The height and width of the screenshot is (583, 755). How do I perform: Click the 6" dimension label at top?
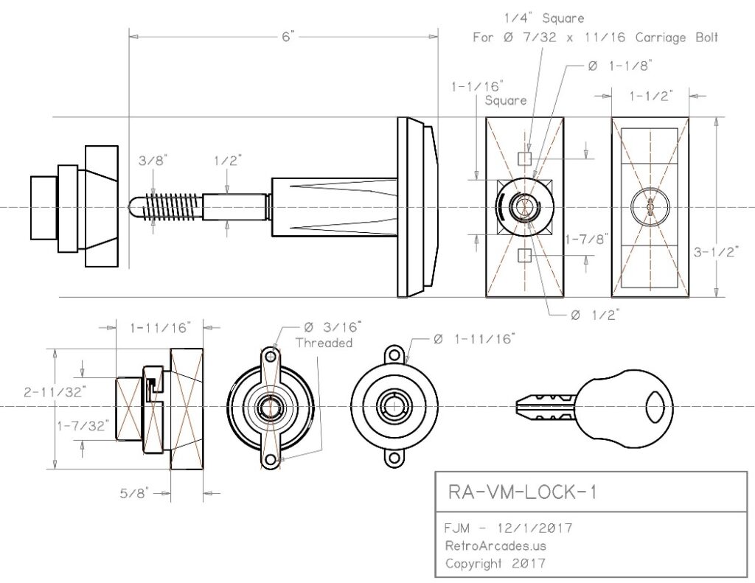288,37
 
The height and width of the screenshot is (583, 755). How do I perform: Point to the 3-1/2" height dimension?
716,252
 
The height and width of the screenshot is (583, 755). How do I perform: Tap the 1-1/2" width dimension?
651,96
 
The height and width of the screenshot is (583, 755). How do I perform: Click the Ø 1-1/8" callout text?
620,66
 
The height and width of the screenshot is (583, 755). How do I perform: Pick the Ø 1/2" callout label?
595,315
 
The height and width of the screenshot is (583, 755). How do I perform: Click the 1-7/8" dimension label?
586,239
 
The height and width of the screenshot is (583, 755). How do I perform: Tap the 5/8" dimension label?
134,493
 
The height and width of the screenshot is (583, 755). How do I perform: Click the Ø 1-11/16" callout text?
474,339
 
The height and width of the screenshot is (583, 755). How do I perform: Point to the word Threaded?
324,343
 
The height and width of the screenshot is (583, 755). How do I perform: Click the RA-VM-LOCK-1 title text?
523,492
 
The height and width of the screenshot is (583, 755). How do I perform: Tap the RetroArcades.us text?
495,546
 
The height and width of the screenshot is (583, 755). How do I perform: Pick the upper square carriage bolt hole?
524,158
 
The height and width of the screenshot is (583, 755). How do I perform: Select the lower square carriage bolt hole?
524,255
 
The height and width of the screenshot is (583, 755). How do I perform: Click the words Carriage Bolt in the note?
677,38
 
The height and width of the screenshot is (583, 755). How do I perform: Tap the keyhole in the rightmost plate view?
650,206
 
